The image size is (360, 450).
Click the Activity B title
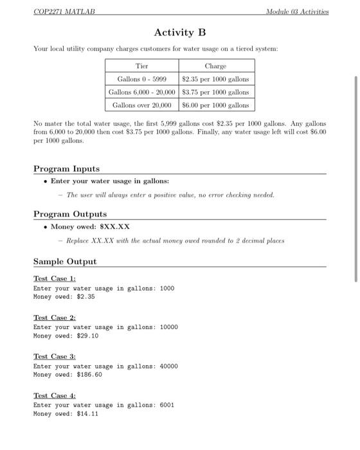point(180,32)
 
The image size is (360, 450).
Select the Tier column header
point(141,66)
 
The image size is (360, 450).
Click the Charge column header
point(215,66)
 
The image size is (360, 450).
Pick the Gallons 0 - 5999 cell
point(141,79)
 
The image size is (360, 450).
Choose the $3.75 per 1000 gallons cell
point(215,92)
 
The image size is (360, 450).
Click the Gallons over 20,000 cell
point(141,104)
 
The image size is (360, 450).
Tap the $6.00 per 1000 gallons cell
point(215,104)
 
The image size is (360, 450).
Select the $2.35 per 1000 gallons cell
point(215,79)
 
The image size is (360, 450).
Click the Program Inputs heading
point(66,168)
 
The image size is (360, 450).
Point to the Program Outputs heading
point(70,214)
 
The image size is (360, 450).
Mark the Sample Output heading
point(65,262)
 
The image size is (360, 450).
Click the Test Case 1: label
point(55,278)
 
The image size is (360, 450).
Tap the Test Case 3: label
point(55,356)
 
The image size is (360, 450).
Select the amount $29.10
point(87,336)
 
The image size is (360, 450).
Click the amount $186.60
point(89,375)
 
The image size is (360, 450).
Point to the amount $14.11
point(87,414)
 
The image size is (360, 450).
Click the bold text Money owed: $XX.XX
point(90,227)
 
